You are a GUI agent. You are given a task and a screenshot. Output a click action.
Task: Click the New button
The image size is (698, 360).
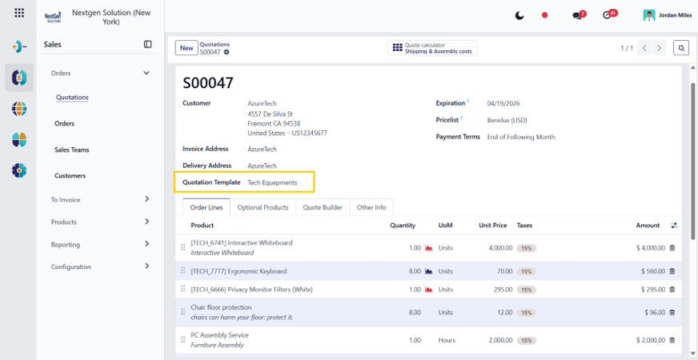pos(187,48)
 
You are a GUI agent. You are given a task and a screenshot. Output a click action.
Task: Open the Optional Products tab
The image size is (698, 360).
pos(263,207)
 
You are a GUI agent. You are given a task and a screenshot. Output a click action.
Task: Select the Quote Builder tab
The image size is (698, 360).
pos(323,207)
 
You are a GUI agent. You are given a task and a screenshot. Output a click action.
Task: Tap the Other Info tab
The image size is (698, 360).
pos(371,207)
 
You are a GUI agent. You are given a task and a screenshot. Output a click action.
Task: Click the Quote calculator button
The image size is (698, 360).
pos(431,48)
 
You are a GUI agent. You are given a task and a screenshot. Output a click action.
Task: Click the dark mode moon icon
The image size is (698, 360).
pos(519,15)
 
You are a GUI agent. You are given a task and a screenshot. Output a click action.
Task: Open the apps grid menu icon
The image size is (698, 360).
pos(19,13)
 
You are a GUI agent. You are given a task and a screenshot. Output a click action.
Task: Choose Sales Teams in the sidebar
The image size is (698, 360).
pos(72,150)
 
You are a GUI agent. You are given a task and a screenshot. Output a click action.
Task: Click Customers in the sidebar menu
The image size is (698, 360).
pos(70,176)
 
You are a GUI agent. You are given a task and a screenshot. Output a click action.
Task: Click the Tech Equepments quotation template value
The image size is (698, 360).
pos(272,182)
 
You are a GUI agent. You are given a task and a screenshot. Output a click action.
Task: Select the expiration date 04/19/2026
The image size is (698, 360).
pos(503,103)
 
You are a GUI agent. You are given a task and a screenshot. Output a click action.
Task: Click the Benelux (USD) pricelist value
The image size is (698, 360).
pos(507,120)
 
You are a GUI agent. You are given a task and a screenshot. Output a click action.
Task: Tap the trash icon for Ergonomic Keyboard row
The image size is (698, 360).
pos(672,271)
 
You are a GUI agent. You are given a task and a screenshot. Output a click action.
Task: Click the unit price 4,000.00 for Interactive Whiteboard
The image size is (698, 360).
pos(500,248)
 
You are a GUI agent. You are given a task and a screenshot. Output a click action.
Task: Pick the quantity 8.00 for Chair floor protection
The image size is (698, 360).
pos(415,312)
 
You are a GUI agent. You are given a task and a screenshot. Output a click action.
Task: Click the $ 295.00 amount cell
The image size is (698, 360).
pos(653,290)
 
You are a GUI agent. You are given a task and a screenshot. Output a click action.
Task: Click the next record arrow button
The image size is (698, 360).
pos(659,48)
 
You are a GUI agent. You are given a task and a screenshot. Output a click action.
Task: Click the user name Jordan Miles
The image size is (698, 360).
pos(676,15)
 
